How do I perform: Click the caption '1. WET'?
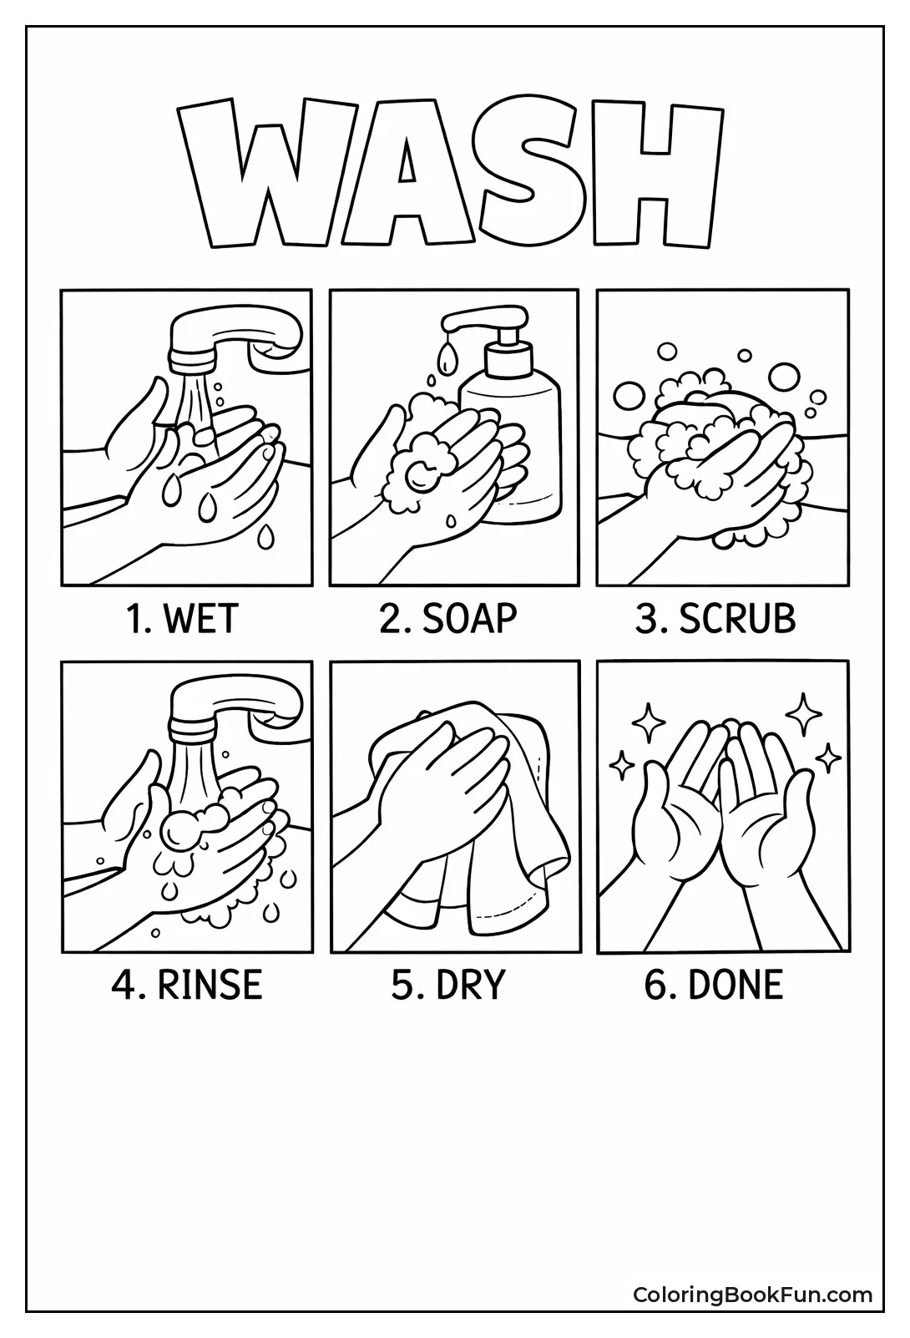(182, 619)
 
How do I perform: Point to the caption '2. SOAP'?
(448, 619)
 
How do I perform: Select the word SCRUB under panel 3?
(737, 619)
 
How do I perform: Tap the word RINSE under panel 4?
(210, 985)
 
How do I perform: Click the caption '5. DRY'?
(448, 985)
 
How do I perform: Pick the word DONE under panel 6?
(736, 985)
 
